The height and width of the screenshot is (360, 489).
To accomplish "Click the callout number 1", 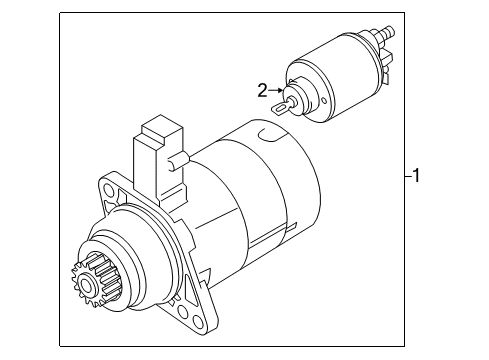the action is point(416,175).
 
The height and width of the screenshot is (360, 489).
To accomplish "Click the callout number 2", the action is point(262,90).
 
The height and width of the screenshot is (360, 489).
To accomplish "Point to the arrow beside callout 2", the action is point(276,90).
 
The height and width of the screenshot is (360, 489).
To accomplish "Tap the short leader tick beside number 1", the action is point(408,176).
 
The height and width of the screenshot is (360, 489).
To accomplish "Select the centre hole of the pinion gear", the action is point(85,285).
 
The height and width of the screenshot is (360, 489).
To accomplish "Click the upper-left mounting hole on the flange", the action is point(109,190).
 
